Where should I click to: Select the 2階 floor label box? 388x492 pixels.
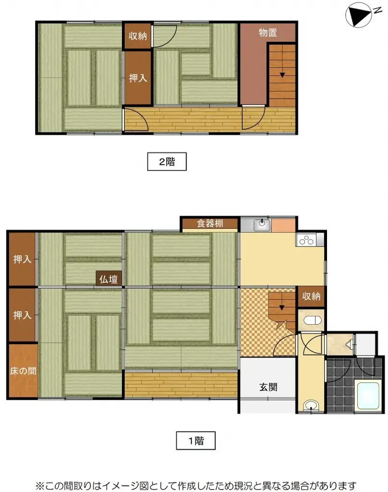pyautogui.click(x=167, y=162)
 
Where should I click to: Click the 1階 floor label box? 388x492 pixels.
pyautogui.click(x=195, y=440)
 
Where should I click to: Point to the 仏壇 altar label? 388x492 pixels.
pyautogui.click(x=109, y=279)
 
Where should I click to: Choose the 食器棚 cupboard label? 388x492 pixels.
pyautogui.click(x=210, y=223)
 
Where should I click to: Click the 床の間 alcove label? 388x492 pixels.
pyautogui.click(x=22, y=371)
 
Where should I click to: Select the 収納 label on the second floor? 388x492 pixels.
pyautogui.click(x=138, y=36)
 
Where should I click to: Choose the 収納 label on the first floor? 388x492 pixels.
pyautogui.click(x=311, y=296)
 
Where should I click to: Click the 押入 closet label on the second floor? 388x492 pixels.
pyautogui.click(x=138, y=78)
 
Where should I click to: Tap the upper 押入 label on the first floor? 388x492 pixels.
pyautogui.click(x=22, y=259)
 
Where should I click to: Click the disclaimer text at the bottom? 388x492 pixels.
pyautogui.click(x=194, y=484)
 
